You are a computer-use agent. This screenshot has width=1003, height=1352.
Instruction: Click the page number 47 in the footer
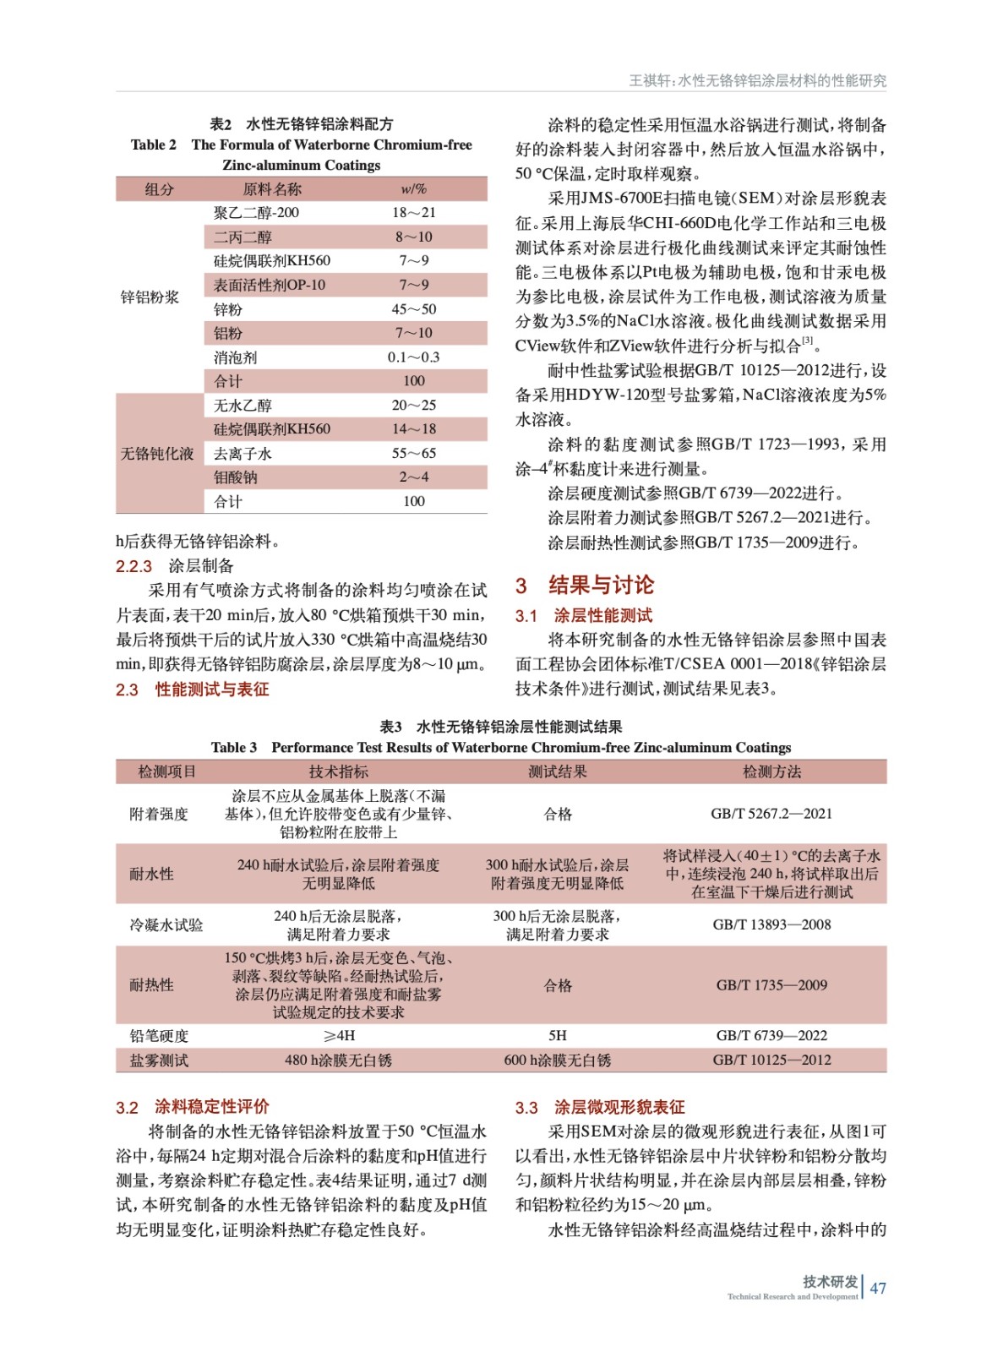[878, 1288]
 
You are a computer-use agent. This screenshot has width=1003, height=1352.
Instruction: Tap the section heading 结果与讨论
[600, 585]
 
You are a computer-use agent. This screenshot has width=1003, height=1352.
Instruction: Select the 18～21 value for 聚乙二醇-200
[413, 213]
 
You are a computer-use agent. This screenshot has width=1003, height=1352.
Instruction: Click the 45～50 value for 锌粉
[413, 309]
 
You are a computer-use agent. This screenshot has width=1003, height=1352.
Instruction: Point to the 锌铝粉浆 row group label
[150, 297]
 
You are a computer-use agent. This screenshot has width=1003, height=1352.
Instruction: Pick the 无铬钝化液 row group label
[157, 454]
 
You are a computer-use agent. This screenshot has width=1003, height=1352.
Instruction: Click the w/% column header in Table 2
[413, 189]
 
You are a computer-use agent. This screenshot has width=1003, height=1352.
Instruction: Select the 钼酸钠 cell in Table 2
[236, 477]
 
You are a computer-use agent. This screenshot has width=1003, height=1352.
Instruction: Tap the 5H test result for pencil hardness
[557, 1035]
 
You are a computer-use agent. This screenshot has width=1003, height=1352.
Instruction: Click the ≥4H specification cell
[338, 1035]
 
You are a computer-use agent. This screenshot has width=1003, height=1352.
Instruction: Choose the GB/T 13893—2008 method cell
[771, 924]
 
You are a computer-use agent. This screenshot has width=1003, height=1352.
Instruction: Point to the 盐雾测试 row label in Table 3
[159, 1060]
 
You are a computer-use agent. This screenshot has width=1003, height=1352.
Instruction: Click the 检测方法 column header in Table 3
[771, 771]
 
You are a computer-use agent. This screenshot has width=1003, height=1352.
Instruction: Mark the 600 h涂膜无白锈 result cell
[557, 1060]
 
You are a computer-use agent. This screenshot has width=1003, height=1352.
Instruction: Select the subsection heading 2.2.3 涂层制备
[175, 566]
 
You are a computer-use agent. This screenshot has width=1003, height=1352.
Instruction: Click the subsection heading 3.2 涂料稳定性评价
[193, 1107]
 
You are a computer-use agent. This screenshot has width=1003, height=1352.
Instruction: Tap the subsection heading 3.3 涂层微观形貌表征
[600, 1107]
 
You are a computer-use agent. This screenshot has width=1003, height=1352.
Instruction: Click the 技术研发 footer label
[830, 1282]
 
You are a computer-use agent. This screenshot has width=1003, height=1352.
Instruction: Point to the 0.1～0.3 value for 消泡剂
[413, 357]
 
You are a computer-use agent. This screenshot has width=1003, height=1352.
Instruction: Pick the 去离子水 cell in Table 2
[243, 454]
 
